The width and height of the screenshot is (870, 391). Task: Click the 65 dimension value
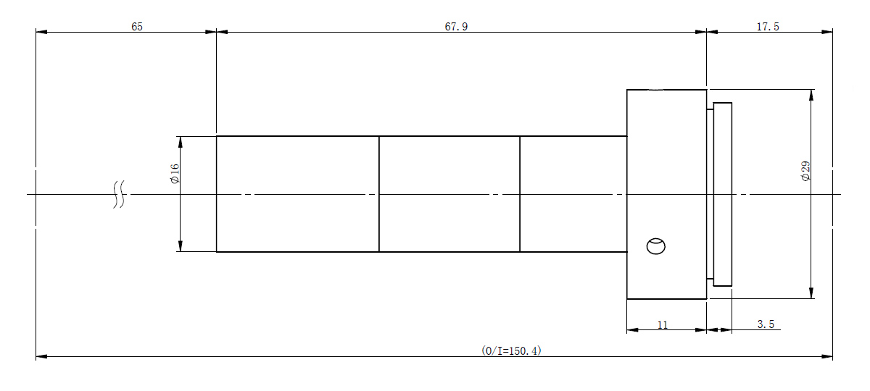[x=137, y=26]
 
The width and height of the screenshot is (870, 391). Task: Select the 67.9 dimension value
[x=456, y=26]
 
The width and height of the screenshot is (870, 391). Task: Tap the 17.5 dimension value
[x=768, y=26]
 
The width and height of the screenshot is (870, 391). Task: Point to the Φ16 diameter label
[x=175, y=173]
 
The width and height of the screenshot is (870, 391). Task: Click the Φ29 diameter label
[x=806, y=171]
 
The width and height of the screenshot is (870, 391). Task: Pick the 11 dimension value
[x=663, y=324]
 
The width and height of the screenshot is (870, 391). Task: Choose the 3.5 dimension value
[x=766, y=324]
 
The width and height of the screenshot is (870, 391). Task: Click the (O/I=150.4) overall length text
[x=511, y=350]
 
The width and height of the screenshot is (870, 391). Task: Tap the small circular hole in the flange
[x=656, y=246]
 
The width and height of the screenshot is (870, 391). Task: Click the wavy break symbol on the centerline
[x=119, y=194]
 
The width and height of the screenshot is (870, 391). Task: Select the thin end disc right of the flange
[x=722, y=194]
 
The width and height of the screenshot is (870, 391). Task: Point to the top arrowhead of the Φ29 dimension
[x=811, y=95]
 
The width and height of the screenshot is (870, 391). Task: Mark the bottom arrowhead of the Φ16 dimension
[x=181, y=246]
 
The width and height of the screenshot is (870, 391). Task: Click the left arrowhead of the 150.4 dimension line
[x=41, y=356]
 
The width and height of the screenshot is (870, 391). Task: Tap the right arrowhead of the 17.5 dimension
[x=827, y=32]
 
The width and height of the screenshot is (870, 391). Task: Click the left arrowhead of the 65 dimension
[x=41, y=32]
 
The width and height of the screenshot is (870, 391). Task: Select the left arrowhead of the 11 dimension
[x=633, y=330]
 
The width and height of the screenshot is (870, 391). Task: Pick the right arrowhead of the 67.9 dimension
[x=700, y=32]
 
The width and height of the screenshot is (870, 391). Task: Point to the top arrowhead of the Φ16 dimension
[x=181, y=142]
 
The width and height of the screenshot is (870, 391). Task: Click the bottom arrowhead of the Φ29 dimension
[x=811, y=293]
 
